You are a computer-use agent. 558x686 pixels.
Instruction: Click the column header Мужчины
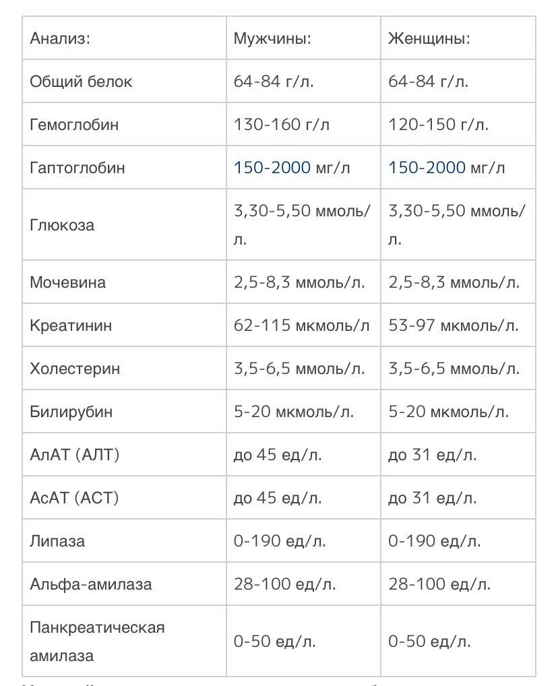tap(272, 38)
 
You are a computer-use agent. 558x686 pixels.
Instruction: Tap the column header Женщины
tap(429, 38)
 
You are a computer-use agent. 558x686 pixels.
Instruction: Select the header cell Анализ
tap(60, 38)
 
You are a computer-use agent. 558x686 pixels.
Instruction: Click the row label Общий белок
tap(81, 82)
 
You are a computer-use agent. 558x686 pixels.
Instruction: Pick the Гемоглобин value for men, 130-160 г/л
tap(282, 125)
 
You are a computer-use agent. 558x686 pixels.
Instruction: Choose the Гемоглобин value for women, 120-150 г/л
tap(439, 125)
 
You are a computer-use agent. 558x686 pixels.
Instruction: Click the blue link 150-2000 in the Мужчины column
tap(272, 168)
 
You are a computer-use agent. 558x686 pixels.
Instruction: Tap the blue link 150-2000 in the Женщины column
tap(427, 168)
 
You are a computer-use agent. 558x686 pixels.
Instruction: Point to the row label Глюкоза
tap(62, 225)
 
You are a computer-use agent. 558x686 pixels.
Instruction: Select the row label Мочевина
tap(67, 282)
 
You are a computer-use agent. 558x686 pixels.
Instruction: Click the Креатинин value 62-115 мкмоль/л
tap(301, 325)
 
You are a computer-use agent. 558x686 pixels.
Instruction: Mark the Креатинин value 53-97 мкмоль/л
tap(454, 325)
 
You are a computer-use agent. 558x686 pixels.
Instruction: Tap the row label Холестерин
tap(75, 369)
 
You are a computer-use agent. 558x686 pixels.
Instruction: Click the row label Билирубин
tap(71, 412)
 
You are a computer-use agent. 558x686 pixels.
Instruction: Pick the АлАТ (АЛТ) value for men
tap(278, 455)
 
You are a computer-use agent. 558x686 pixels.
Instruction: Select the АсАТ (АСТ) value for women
tap(432, 498)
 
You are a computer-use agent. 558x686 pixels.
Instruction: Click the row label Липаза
tap(57, 541)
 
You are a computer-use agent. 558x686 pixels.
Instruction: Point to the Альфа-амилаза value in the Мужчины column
tap(284, 584)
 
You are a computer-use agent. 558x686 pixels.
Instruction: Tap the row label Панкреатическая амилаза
tap(97, 641)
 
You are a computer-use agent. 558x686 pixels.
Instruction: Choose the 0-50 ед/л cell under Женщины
tap(429, 642)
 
